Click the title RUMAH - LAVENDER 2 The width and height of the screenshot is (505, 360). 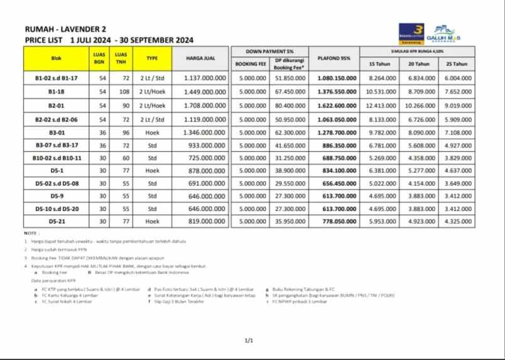(65, 29)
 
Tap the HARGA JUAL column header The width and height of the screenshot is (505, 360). (201, 58)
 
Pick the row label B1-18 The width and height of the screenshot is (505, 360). (56, 91)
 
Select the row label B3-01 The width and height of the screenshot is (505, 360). (56, 133)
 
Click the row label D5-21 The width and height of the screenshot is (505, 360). (56, 221)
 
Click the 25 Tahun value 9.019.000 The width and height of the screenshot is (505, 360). (457, 105)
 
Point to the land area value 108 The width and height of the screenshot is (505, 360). (117, 91)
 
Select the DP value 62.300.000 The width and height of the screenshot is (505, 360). (290, 133)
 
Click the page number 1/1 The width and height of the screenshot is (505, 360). (248, 341)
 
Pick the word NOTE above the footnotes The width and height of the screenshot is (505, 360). (31, 233)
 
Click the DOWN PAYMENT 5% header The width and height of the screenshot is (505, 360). (271, 51)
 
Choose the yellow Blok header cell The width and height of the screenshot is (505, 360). (56, 58)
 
